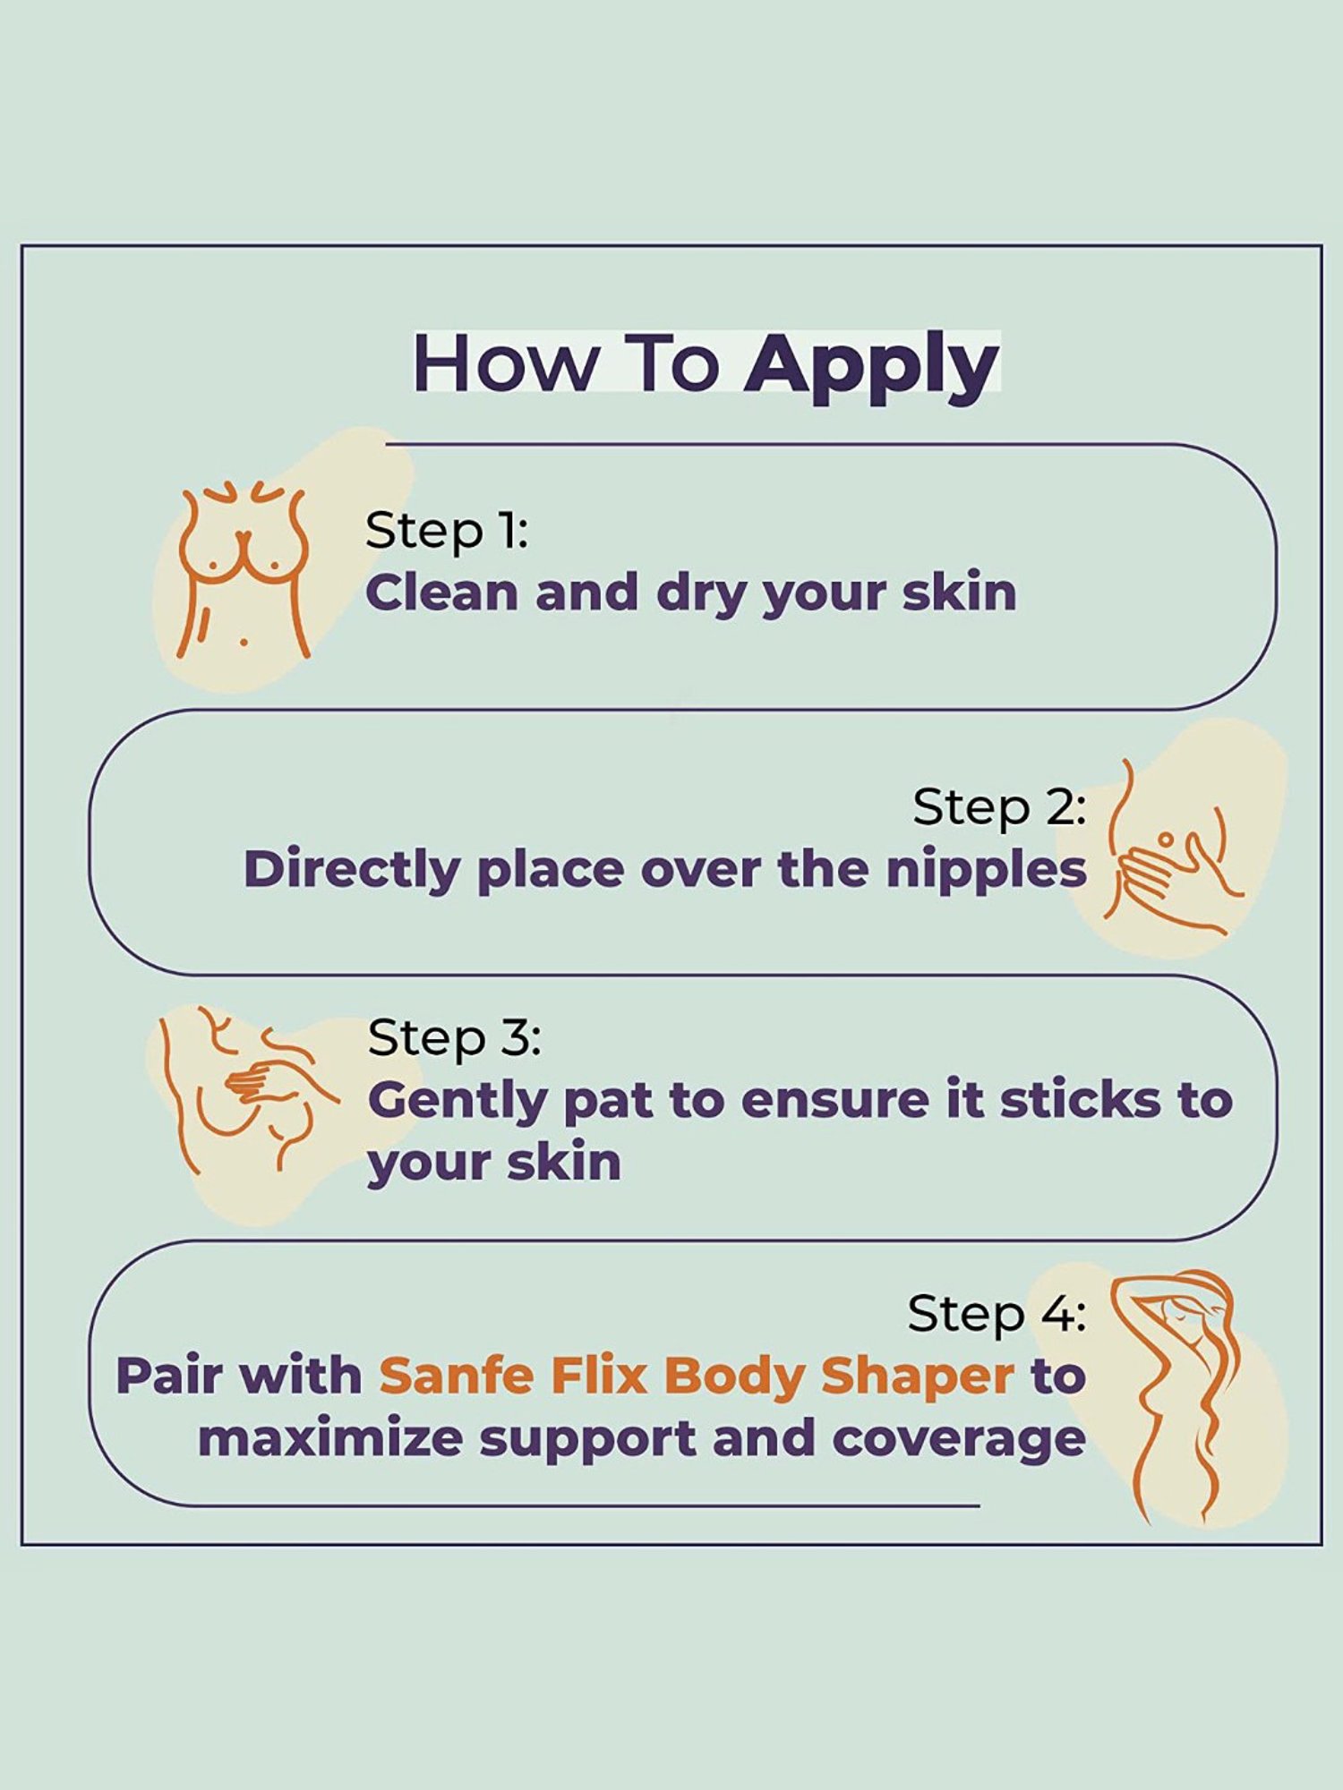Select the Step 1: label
446,531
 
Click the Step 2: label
998,807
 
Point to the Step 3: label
454,1038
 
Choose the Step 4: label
996,1314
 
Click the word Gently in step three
458,1101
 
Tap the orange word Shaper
918,1377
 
